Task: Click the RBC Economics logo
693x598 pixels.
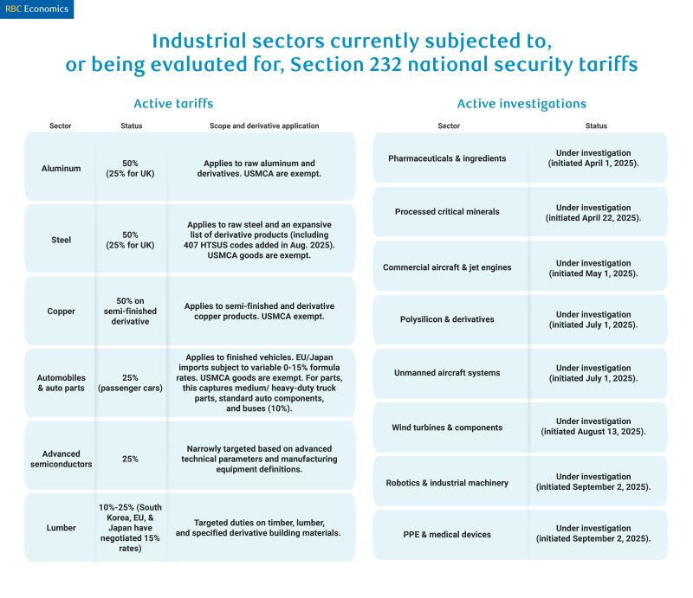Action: pyautogui.click(x=36, y=9)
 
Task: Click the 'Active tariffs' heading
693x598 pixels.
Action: pyautogui.click(x=173, y=104)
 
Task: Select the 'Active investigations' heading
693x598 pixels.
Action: pyautogui.click(x=521, y=104)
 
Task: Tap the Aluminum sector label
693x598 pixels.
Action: pyautogui.click(x=61, y=169)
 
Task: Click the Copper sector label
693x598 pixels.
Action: pyautogui.click(x=61, y=312)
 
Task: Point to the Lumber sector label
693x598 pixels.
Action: pyautogui.click(x=61, y=527)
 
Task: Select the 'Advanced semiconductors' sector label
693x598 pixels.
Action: pyautogui.click(x=61, y=459)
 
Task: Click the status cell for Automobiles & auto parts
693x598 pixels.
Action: pyautogui.click(x=131, y=383)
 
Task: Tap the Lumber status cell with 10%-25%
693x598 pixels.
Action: pyautogui.click(x=131, y=527)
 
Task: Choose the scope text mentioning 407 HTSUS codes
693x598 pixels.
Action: pyautogui.click(x=260, y=240)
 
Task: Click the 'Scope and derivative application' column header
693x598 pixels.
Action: pyautogui.click(x=264, y=126)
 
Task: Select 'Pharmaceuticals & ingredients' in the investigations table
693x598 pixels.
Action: pyautogui.click(x=447, y=158)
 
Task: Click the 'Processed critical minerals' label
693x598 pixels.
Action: pyautogui.click(x=447, y=212)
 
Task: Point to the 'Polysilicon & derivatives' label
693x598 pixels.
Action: pyautogui.click(x=449, y=319)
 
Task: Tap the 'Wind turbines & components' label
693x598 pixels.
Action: pyautogui.click(x=447, y=428)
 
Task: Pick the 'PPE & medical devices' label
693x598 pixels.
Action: pyautogui.click(x=449, y=535)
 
